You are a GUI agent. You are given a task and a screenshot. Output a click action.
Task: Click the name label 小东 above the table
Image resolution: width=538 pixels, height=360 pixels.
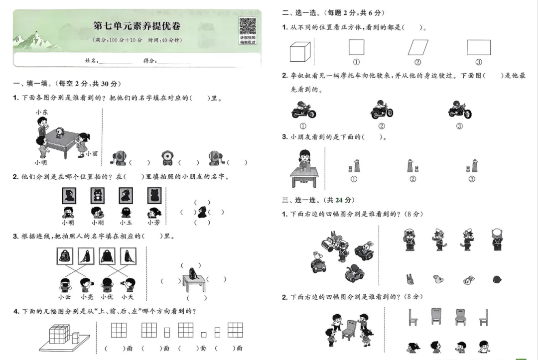(42, 113)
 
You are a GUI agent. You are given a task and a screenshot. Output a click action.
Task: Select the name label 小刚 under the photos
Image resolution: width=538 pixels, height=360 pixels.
(98, 223)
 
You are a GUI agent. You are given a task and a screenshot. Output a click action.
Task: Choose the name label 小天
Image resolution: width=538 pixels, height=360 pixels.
(128, 297)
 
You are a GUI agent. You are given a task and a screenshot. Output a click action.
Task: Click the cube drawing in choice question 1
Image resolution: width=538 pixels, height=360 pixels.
(300, 51)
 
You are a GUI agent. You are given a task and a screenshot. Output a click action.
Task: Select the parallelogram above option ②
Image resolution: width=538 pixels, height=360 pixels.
(417, 48)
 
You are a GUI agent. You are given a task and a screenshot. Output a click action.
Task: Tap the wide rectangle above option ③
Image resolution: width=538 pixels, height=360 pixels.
(478, 47)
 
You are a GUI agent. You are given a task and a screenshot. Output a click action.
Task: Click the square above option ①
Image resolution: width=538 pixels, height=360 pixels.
(356, 47)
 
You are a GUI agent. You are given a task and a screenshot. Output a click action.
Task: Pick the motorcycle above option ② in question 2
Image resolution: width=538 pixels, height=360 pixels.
(382, 110)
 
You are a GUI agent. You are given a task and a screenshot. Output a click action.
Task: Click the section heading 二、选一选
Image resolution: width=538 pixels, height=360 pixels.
(303, 13)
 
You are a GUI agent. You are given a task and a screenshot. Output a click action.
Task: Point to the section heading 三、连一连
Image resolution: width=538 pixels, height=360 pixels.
(303, 200)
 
